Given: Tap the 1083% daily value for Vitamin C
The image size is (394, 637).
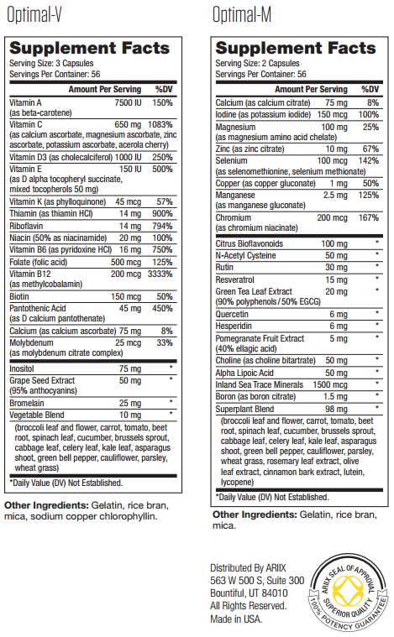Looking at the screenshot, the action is pos(160,123).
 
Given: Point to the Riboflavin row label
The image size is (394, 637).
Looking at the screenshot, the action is pos(28,225).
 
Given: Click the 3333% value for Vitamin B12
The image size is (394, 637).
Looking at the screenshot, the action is pos(159,274).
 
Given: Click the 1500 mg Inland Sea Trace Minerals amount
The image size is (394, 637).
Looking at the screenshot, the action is pos(328,384).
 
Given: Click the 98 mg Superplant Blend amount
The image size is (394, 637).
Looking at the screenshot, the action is pos(334,408).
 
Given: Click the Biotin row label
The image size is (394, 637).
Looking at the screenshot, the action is pos(20,295).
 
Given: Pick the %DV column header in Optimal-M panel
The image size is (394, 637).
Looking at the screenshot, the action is pos(370,89).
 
